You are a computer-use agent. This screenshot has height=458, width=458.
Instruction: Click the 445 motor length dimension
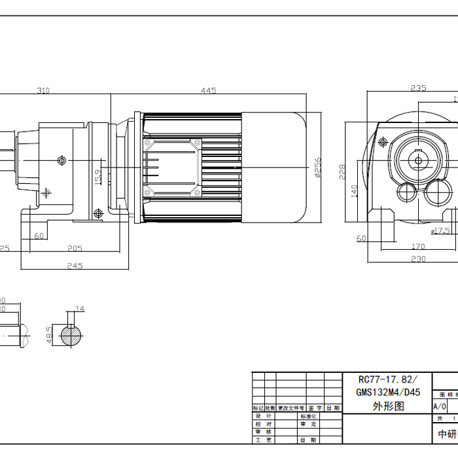(x=209, y=91)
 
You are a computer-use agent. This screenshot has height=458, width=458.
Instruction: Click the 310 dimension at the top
(x=43, y=91)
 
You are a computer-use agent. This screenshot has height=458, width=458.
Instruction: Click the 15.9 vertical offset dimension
(x=98, y=177)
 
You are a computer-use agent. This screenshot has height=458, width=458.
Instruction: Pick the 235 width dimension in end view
(x=418, y=88)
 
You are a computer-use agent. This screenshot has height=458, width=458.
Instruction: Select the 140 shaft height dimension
(x=354, y=190)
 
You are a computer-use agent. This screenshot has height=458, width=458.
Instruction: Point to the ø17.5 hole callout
(x=440, y=230)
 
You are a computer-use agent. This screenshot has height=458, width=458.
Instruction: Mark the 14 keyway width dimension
(x=80, y=309)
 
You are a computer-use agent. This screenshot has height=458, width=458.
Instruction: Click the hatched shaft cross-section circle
(x=72, y=336)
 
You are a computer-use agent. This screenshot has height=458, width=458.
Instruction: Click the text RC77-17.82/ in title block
(x=386, y=380)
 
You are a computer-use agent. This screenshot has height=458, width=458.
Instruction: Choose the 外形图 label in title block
(x=386, y=406)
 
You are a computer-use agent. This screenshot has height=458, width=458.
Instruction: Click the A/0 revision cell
(x=440, y=406)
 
